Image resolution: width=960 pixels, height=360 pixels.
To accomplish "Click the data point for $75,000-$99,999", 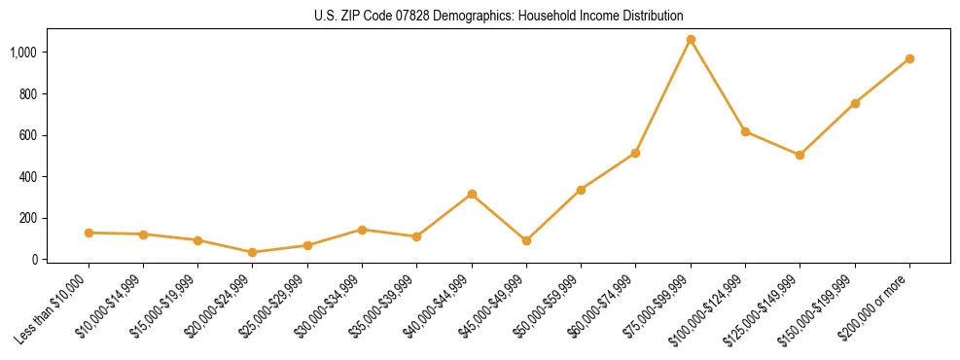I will pos(691,40).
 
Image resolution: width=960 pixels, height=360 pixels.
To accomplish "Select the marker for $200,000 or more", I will pos(909,59).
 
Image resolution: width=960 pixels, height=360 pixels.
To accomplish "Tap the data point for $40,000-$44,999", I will pos(472,195).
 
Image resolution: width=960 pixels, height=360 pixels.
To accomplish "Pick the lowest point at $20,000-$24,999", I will pos(253,252).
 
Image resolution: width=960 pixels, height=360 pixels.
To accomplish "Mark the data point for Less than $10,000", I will pos(89,233).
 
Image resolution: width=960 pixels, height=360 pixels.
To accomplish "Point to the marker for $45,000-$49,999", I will pos(526,240).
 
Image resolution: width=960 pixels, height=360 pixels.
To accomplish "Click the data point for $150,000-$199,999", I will pos(855,103).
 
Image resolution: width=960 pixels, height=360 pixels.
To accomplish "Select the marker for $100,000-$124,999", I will pos(745,131).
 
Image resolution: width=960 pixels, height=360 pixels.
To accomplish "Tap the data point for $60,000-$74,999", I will pos(636,153).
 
